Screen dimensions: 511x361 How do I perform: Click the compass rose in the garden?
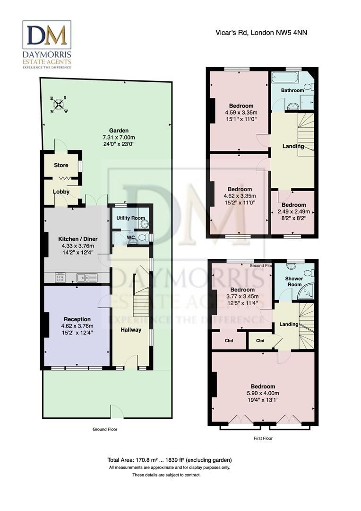[x=59, y=105]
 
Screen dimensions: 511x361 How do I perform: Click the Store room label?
[x=60, y=165]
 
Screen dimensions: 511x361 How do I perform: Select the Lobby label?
[x=61, y=192]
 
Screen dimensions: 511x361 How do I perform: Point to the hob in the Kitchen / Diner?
[x=60, y=278]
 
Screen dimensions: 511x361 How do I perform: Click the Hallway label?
[x=130, y=329]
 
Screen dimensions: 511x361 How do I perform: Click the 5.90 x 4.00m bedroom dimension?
[x=263, y=393]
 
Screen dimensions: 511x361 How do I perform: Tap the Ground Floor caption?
[x=105, y=429]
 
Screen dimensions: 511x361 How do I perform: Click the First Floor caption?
[x=263, y=438]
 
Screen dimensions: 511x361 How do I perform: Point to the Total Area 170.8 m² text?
[x=169, y=460]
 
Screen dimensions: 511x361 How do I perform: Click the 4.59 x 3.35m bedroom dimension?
[x=241, y=113]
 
